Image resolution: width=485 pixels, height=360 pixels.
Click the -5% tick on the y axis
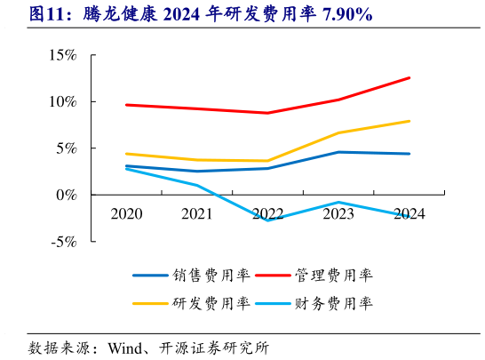(x=63, y=241)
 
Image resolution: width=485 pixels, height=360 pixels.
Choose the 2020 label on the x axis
(x=126, y=213)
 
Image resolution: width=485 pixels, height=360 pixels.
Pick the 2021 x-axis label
(x=197, y=213)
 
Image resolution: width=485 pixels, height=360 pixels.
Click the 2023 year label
(x=338, y=213)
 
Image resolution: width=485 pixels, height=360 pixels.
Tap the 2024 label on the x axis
(x=409, y=213)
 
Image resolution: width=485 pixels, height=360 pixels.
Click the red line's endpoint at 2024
(x=409, y=77)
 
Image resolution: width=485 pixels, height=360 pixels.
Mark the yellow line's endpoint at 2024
(x=409, y=121)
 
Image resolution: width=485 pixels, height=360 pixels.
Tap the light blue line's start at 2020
(x=126, y=168)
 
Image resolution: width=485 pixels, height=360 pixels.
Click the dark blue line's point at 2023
(x=338, y=152)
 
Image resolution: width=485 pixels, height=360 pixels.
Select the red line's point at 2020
(x=126, y=105)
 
